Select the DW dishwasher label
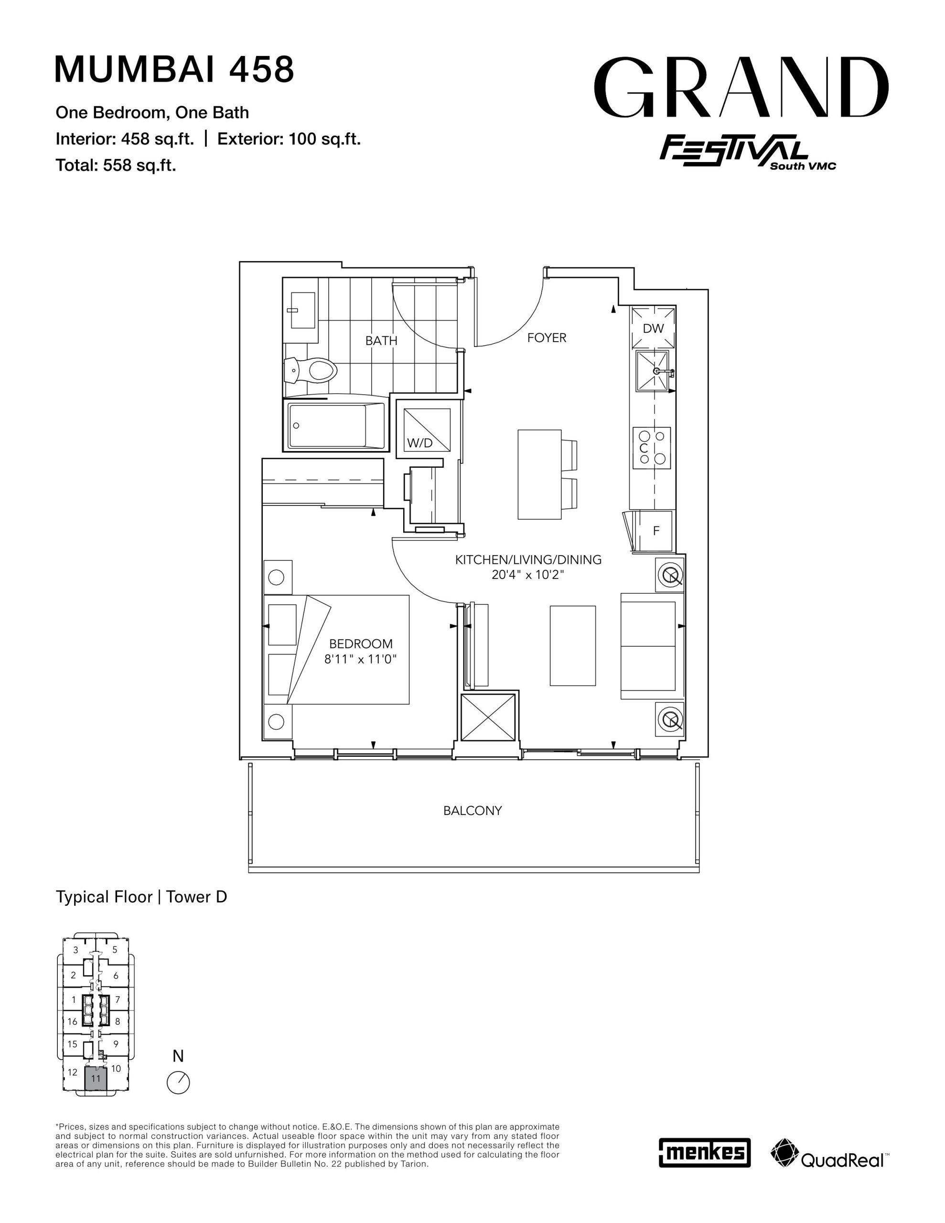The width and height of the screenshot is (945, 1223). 653,329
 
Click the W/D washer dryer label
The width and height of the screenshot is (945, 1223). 419,443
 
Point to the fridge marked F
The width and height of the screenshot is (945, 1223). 656,530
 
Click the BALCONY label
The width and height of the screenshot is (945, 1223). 472,810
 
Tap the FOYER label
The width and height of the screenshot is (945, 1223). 547,338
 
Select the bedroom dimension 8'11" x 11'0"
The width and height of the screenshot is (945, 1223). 360,659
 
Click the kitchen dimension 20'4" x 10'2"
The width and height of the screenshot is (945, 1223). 528,575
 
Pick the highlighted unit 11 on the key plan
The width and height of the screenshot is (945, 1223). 95,1078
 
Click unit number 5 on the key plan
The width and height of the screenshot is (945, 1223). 115,949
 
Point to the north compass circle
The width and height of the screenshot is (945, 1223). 178,1083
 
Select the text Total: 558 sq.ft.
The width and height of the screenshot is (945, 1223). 116,165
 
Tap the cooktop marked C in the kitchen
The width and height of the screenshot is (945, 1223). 652,448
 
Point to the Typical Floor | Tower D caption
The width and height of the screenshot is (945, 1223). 141,897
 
